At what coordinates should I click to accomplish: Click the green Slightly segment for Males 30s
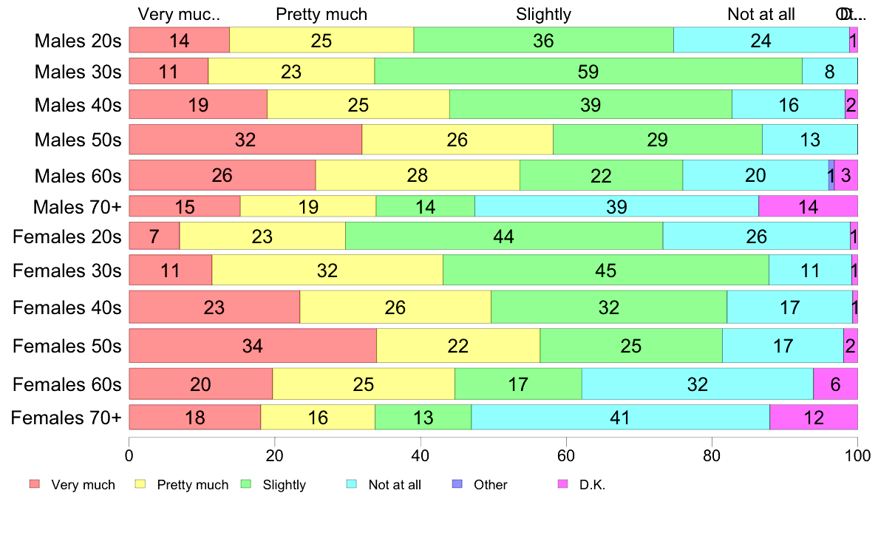tap(588, 71)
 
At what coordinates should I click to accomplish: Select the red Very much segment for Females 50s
tap(253, 346)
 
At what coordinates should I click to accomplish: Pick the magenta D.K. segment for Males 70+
tap(808, 206)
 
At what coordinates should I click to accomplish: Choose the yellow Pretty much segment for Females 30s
tap(327, 270)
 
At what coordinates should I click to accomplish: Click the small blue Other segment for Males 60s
tap(831, 175)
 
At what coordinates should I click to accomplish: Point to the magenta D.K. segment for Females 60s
tap(835, 384)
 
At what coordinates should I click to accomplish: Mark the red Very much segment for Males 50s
tap(245, 140)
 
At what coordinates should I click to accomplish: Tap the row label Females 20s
tap(67, 237)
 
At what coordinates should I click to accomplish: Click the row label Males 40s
tap(78, 105)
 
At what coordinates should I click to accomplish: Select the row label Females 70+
tap(66, 418)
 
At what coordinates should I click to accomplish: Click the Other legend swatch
tap(456, 484)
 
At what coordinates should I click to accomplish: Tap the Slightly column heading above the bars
tap(543, 14)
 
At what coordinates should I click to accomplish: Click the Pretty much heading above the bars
tap(321, 14)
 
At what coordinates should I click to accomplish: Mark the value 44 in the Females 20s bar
tap(503, 237)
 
